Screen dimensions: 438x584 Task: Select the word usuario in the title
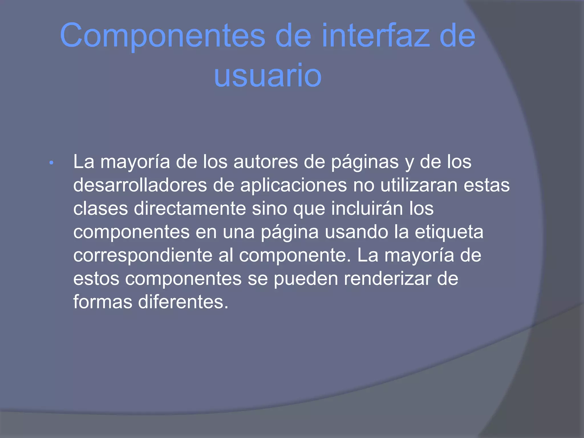point(268,76)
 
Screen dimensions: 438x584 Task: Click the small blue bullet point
point(51,163)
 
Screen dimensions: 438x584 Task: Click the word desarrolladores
point(140,185)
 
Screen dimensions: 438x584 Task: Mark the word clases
point(101,209)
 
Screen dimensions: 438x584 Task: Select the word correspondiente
point(143,255)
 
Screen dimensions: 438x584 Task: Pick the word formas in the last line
point(103,302)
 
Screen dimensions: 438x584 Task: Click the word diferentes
point(183,302)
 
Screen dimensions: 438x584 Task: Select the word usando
point(356,232)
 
